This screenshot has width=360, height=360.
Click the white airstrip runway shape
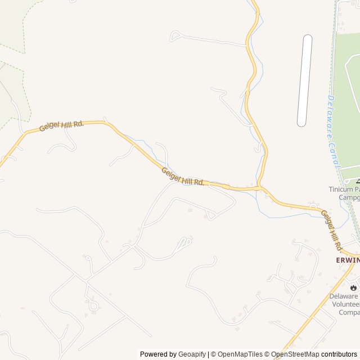[x=304, y=80]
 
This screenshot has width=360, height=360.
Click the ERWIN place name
[x=347, y=260]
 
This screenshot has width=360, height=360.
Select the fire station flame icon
[x=353, y=287]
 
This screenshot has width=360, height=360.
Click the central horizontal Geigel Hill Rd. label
[x=183, y=177]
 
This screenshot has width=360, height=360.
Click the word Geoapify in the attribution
[x=192, y=354]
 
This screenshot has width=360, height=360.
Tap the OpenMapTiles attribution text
[x=238, y=354]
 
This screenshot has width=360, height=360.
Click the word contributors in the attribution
[x=339, y=354]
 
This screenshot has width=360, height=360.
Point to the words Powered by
[x=158, y=354]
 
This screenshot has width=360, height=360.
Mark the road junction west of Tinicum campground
[x=260, y=187]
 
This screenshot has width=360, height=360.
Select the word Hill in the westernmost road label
[x=65, y=125]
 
